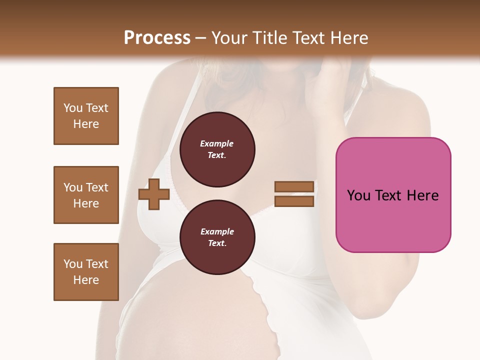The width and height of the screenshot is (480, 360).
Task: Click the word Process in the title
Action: (x=157, y=38)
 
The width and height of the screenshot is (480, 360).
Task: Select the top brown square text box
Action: (x=86, y=116)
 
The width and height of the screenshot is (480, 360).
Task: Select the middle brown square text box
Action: (x=86, y=195)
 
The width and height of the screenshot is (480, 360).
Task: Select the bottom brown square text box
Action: (x=86, y=272)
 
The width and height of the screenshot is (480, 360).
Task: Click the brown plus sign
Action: (x=154, y=194)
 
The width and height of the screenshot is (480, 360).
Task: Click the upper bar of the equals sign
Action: (x=294, y=187)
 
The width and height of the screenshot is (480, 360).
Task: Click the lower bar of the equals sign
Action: (x=294, y=201)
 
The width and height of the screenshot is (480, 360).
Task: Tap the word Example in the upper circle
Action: (x=217, y=144)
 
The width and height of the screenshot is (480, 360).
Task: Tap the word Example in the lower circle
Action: (x=217, y=232)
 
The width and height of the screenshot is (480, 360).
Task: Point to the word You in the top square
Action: (x=73, y=108)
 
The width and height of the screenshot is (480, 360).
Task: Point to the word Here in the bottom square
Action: (x=86, y=280)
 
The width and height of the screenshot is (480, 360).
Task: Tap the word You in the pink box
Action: (x=358, y=195)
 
